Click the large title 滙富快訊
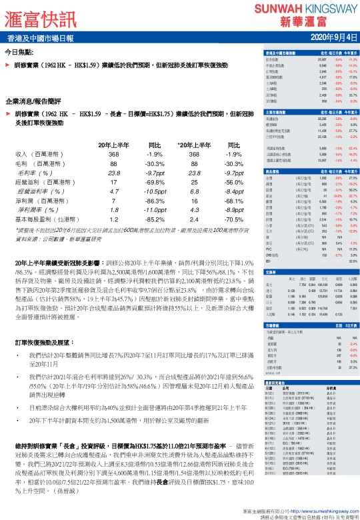(x=43, y=16)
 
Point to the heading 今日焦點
(x=20, y=51)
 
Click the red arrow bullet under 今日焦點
(x=7, y=67)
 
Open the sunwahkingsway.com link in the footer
(x=307, y=509)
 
